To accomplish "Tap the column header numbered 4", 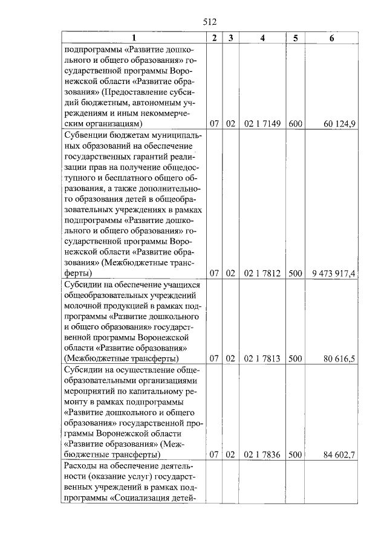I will click(x=262, y=38).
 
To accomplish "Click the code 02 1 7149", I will click(x=262, y=124).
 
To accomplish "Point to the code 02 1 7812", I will click(x=262, y=273).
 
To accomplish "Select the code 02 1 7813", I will click(x=262, y=359).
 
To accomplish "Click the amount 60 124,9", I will click(x=339, y=124).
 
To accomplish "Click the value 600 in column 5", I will click(x=295, y=124).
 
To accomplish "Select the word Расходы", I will click(x=83, y=467).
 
